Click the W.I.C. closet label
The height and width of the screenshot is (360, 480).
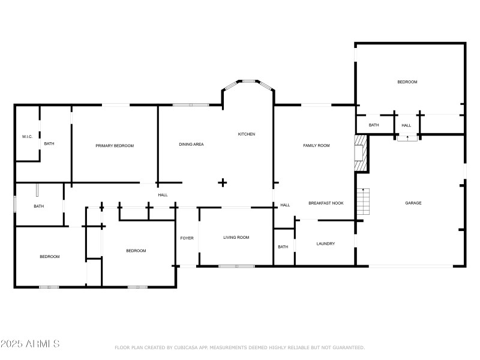[x=27, y=137]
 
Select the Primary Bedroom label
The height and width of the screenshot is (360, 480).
[x=115, y=146]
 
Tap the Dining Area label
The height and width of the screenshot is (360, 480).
[x=191, y=145]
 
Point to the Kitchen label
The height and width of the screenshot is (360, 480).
[x=247, y=134]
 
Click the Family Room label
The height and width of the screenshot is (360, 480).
[x=316, y=146]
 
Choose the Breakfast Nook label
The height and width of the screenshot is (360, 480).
[x=326, y=203]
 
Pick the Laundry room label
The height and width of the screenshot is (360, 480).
[x=326, y=244]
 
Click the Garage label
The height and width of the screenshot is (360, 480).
[x=413, y=203]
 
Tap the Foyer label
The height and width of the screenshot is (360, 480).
[x=187, y=238]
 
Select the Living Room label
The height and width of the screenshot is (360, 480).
[x=236, y=238]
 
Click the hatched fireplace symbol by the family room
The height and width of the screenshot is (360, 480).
[x=359, y=153]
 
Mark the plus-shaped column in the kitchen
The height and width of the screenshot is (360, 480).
[x=223, y=182]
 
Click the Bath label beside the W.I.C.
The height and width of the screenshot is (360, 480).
[x=49, y=143]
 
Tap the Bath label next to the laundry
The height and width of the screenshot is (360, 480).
[x=283, y=247]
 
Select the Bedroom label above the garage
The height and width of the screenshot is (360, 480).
[x=407, y=82]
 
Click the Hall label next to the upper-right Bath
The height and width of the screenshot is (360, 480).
[x=406, y=125]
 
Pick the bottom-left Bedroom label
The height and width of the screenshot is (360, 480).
[x=50, y=257]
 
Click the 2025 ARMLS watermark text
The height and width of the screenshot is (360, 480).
[x=30, y=344]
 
